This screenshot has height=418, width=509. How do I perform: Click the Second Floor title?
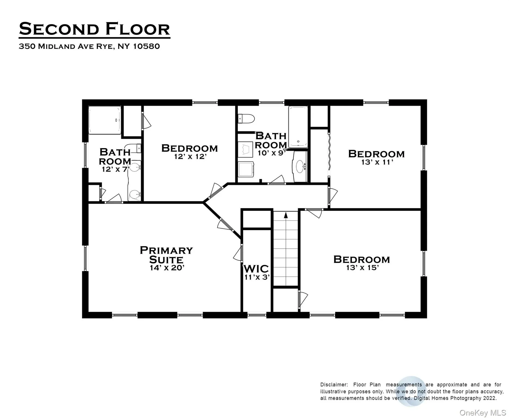click(x=94, y=29)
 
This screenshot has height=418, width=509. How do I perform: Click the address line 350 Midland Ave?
click(x=89, y=46)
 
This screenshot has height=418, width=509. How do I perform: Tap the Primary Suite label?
click(x=166, y=255)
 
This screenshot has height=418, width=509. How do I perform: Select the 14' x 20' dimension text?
click(x=167, y=268)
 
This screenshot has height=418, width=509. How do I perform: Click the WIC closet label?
click(x=256, y=269)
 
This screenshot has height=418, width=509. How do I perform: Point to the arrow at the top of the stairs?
click(x=286, y=215)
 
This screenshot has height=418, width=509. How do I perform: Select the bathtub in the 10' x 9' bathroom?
click(x=298, y=127)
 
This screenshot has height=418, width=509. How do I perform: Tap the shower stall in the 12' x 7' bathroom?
click(x=105, y=120)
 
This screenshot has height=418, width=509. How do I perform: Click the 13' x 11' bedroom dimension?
click(x=377, y=162)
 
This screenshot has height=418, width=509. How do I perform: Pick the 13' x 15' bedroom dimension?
click(x=362, y=268)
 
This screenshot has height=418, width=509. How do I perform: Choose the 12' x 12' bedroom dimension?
click(x=190, y=156)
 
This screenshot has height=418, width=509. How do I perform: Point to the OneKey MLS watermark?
click(x=482, y=413)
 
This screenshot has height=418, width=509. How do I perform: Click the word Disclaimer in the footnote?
click(x=334, y=385)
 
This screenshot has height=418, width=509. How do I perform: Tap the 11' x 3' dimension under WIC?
click(x=257, y=277)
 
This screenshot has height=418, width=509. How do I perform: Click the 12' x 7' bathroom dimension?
click(x=115, y=169)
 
